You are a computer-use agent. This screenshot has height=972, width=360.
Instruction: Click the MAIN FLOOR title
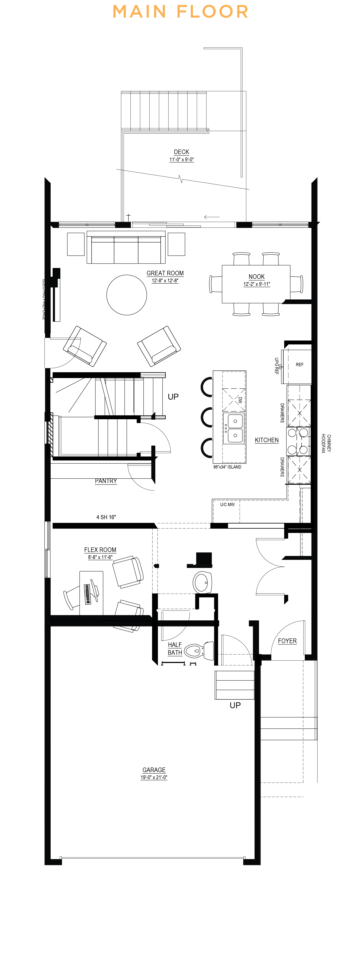(x=180, y=12)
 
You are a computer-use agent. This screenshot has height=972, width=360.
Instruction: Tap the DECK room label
(x=181, y=152)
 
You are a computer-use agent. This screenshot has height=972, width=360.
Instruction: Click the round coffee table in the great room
(x=126, y=295)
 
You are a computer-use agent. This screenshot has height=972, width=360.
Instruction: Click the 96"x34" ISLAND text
(x=227, y=467)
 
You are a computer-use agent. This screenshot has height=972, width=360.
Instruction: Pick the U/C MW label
(x=227, y=505)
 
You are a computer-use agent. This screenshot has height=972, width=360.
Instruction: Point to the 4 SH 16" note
(x=106, y=517)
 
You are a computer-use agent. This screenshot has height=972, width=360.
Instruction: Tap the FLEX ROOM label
(x=100, y=550)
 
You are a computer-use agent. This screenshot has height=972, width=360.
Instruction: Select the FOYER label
(x=287, y=641)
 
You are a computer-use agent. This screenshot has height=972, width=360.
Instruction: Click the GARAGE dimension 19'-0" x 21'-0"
(x=154, y=777)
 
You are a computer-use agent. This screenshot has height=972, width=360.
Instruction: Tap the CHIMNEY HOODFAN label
(x=326, y=443)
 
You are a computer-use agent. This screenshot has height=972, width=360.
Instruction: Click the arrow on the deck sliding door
(x=212, y=217)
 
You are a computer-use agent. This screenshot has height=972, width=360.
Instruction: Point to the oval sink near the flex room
(x=202, y=582)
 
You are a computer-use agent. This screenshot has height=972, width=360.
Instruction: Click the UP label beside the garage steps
(x=235, y=705)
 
